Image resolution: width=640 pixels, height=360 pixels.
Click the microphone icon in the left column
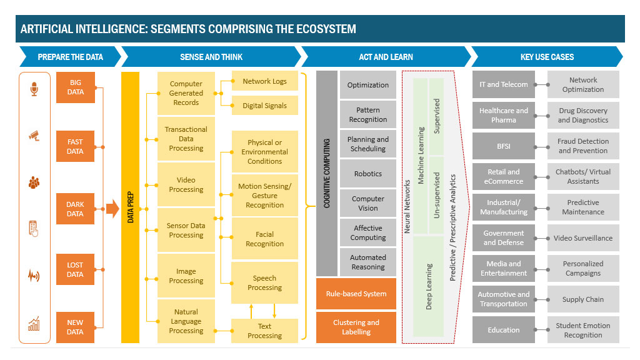click(x=34, y=89)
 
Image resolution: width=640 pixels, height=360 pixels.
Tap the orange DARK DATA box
click(x=75, y=209)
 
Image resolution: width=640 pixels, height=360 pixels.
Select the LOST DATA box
click(x=75, y=269)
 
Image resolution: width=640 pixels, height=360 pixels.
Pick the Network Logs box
click(x=264, y=81)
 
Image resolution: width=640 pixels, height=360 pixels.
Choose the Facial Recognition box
click(x=264, y=239)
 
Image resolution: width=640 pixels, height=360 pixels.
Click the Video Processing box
click(x=186, y=185)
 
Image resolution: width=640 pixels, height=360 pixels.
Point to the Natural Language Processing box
click(x=186, y=321)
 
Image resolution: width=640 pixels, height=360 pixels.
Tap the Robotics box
click(x=367, y=174)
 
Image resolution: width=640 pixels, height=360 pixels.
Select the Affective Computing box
click(x=367, y=233)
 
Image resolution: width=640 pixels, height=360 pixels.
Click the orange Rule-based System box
click(x=356, y=294)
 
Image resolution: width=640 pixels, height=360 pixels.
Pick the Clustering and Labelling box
click(x=356, y=327)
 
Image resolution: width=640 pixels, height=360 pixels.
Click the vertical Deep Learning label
click(x=429, y=286)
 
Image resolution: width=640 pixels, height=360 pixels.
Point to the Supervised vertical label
click(x=437, y=116)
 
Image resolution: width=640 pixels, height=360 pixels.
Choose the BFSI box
click(x=503, y=146)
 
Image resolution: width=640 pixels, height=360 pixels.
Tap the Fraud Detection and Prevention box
click(x=582, y=146)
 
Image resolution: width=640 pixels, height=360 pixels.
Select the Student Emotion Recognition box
click(x=582, y=330)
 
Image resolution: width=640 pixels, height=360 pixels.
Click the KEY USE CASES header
click(x=547, y=57)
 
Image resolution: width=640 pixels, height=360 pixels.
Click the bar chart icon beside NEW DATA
click(x=34, y=324)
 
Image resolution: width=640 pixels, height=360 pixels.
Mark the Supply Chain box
click(x=582, y=299)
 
